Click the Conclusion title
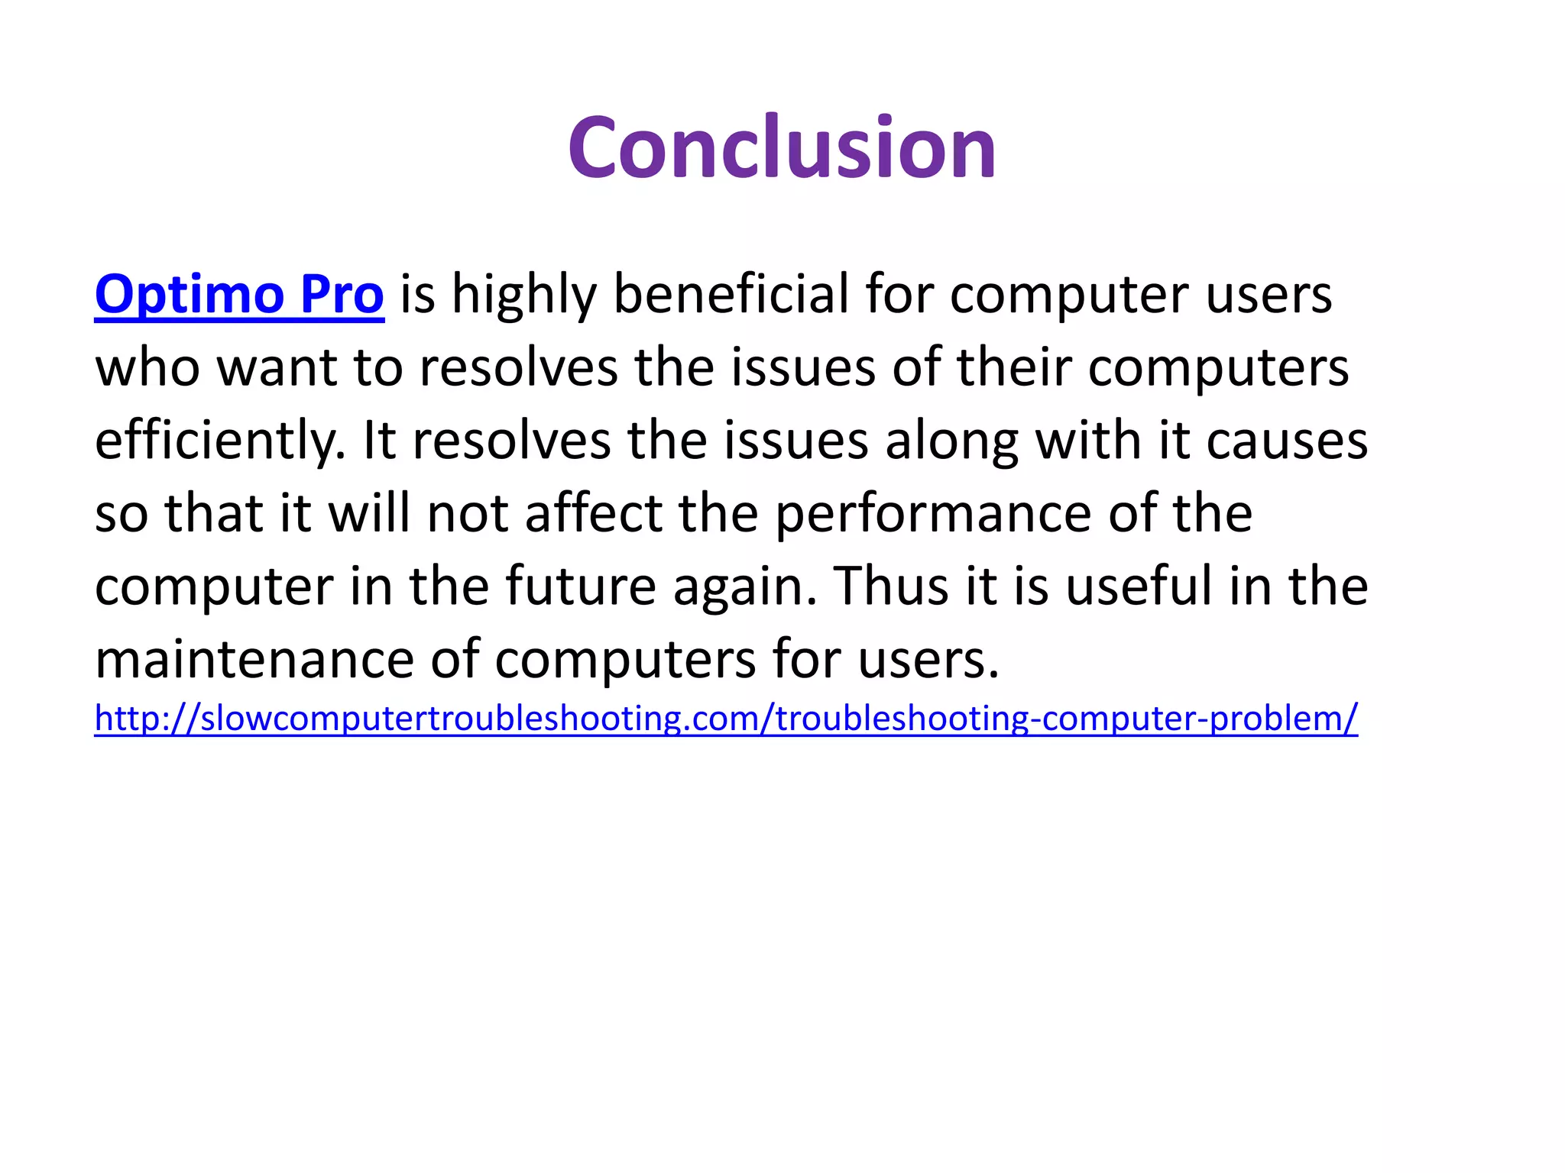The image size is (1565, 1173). tap(782, 147)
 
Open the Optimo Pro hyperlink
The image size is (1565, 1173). tap(239, 295)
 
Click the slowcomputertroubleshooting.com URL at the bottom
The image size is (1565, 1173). tap(726, 719)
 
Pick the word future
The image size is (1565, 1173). tap(581, 586)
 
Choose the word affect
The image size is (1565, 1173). tap(594, 514)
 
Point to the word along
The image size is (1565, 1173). tap(951, 442)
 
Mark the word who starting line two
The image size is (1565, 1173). tap(147, 369)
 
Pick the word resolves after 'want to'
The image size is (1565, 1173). tap(519, 369)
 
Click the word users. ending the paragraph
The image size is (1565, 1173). tap(928, 660)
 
